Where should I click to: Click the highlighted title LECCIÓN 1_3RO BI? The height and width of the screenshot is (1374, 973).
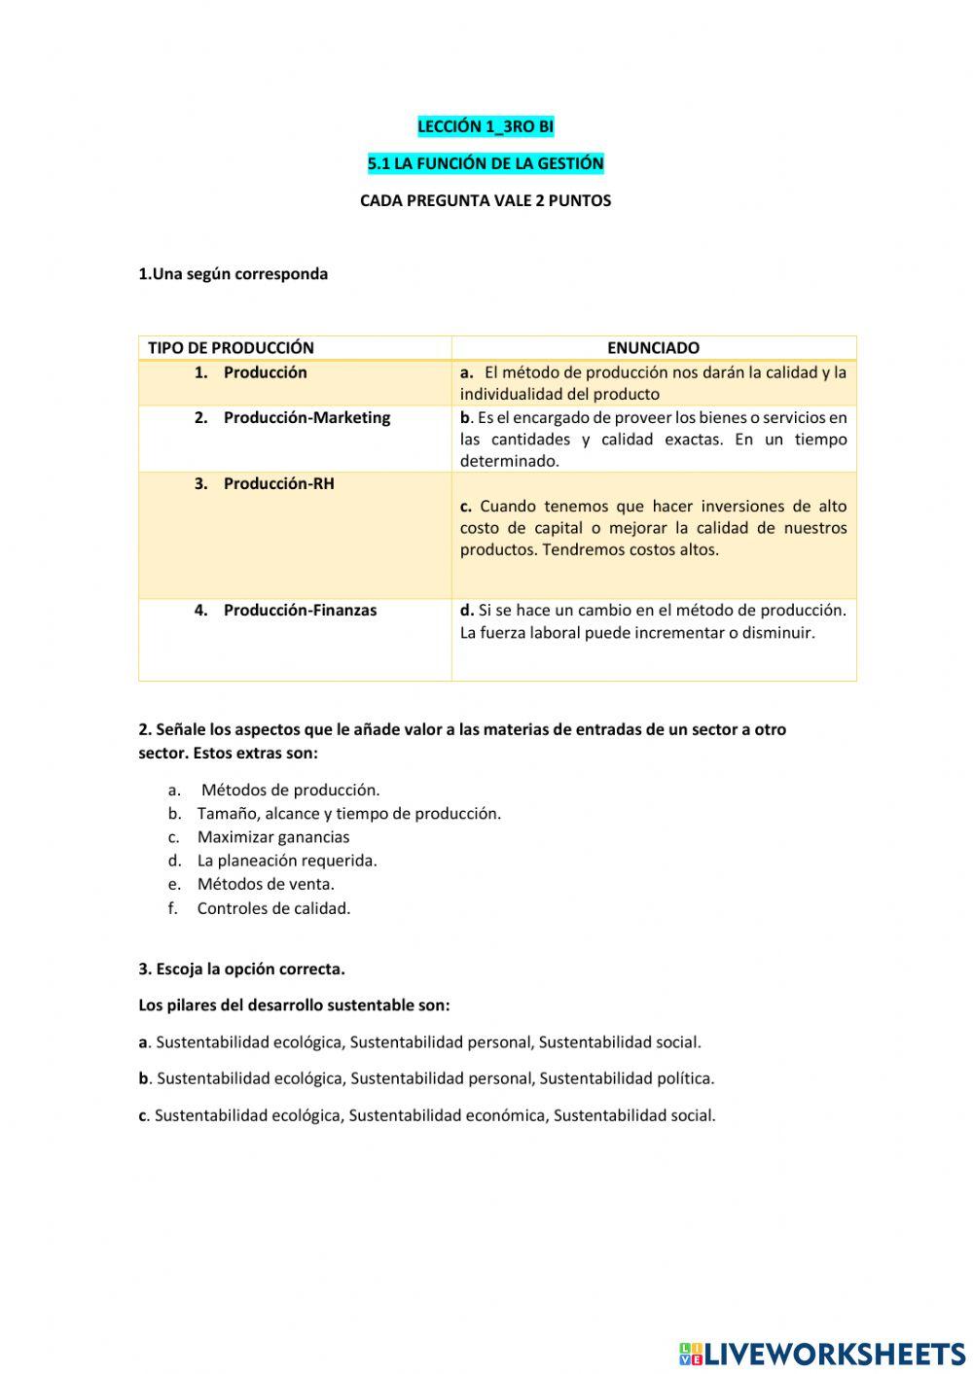coord(486,126)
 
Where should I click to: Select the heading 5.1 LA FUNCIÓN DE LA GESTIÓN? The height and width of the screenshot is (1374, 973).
coord(486,163)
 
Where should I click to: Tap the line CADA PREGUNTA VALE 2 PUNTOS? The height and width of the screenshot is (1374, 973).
coord(486,200)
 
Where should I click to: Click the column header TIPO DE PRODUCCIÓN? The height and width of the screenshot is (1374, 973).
coord(231,347)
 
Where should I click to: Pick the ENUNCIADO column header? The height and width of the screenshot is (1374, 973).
coord(653,347)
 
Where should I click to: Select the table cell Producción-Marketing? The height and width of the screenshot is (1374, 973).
coord(306,417)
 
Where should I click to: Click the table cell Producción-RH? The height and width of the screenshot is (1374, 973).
coord(278,483)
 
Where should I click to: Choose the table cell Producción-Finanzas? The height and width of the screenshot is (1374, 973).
coord(300,610)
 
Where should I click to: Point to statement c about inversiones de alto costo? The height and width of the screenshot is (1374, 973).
coord(653,528)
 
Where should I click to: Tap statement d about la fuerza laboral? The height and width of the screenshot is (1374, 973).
coord(653,621)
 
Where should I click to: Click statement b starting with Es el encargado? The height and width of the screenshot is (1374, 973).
coord(653,439)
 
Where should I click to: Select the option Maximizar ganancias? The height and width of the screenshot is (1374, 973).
coord(272,837)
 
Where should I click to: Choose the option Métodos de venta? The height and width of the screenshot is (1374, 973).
coord(265,884)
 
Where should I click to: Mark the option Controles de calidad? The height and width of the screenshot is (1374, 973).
coord(273,908)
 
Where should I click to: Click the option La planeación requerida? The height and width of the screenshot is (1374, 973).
coord(286,861)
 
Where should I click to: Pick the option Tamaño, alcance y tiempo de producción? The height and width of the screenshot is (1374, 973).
coord(348,813)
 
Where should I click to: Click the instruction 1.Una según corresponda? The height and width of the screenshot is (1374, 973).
coord(234,273)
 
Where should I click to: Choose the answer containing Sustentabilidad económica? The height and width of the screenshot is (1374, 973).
coord(427,1115)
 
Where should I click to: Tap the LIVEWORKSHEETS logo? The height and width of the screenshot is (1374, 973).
coord(822,1353)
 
